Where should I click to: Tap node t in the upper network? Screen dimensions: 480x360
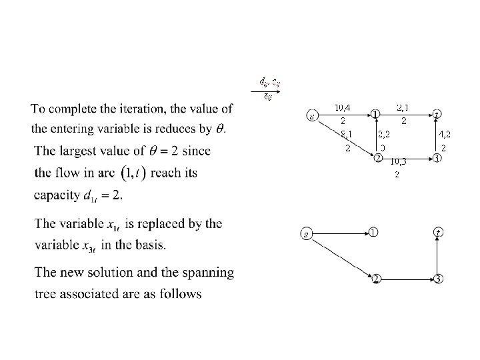pos(436,114)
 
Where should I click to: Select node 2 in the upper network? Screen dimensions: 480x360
pos(377,159)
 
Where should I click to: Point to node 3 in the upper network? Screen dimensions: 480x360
pos(436,159)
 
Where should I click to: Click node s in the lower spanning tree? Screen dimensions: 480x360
pos(306,233)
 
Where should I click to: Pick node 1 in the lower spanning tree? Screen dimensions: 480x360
pos(374,233)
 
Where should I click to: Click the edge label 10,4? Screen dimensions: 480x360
pos(343,107)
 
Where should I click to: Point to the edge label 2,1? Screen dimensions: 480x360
pos(403,107)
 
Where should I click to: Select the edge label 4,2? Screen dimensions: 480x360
pos(444,134)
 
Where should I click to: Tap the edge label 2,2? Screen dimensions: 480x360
pos(385,134)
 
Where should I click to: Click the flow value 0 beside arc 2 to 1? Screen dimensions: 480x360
pos(383,147)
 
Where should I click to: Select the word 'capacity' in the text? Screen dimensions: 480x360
pos(56,195)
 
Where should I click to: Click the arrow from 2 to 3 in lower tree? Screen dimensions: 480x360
pos(406,278)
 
